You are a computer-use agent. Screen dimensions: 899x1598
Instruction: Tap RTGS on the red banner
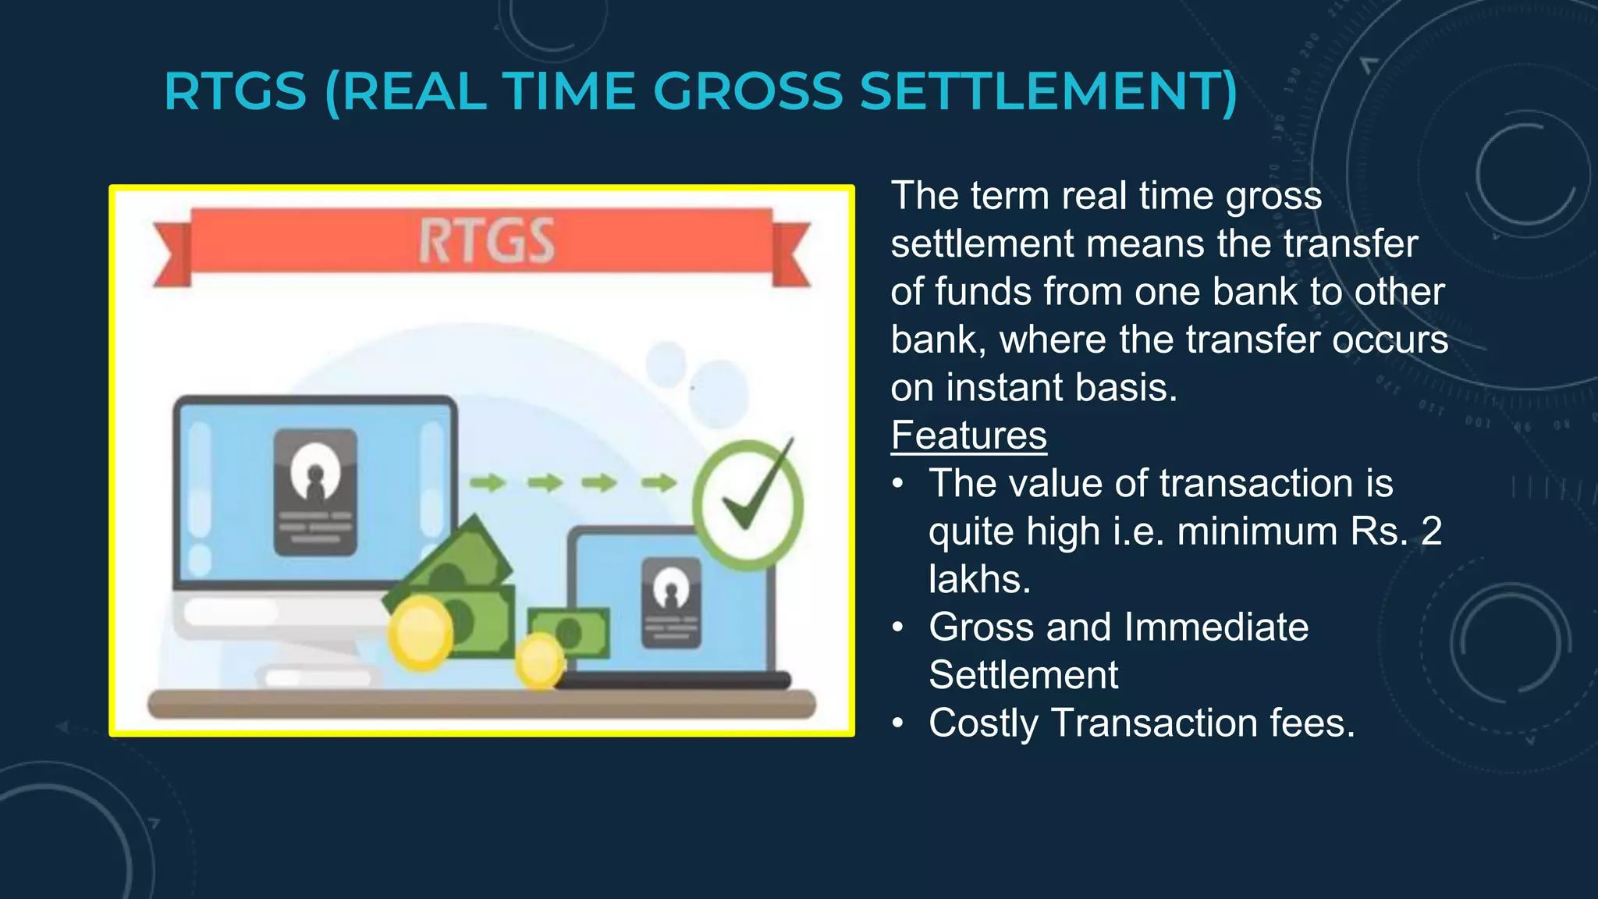click(x=486, y=241)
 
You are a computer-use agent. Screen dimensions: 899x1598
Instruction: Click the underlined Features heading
click(x=968, y=435)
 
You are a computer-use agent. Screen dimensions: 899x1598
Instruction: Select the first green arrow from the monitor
click(x=487, y=483)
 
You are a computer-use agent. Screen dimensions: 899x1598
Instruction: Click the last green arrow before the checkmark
click(x=659, y=483)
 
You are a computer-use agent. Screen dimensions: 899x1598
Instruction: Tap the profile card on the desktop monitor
click(x=315, y=492)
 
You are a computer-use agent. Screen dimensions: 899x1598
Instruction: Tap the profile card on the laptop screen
click(x=670, y=602)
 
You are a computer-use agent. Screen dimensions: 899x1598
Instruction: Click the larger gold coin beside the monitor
click(x=421, y=632)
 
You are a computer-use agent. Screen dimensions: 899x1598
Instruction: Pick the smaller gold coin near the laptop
click(x=538, y=660)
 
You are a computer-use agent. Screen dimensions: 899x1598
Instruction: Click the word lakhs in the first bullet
click(x=979, y=580)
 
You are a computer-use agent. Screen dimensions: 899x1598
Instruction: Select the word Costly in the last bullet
click(x=983, y=723)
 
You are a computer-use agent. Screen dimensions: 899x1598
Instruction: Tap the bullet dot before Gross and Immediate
click(x=899, y=627)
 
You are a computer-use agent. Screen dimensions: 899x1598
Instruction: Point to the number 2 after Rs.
click(x=1431, y=531)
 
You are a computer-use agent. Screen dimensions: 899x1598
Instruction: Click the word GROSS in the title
click(x=748, y=91)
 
